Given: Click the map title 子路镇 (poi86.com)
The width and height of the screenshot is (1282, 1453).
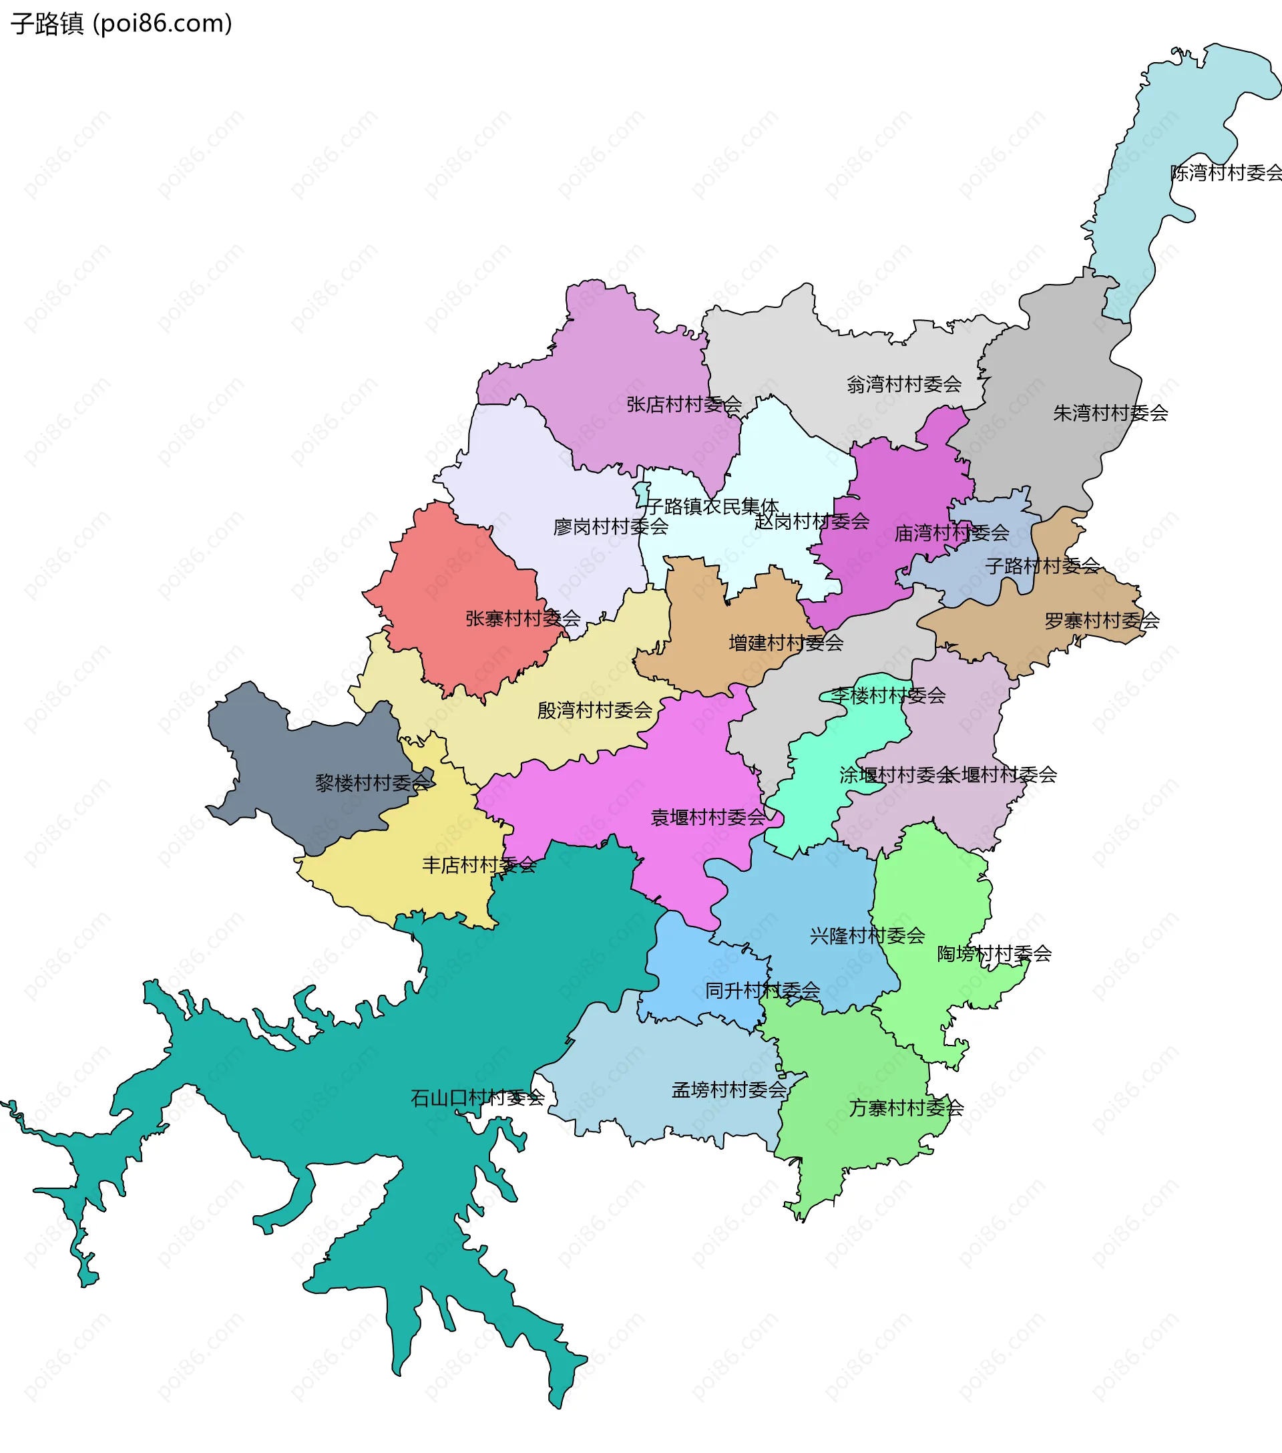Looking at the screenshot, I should point(121,23).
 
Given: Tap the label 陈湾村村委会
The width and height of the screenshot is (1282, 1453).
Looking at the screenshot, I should point(1227,173).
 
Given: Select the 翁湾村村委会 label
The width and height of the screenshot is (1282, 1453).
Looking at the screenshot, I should point(904,385).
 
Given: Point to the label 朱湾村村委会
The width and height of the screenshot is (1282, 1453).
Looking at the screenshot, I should point(1110,413).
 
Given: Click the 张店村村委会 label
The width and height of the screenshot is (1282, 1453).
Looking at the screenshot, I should point(684,404).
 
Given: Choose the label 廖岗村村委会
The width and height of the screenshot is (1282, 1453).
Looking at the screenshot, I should point(610,526).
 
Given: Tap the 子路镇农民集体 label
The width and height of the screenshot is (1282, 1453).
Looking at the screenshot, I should point(712,506).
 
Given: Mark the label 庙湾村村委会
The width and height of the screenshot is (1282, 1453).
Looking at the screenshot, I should point(951,532).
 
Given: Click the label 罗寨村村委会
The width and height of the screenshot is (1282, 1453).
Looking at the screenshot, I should point(1102,621).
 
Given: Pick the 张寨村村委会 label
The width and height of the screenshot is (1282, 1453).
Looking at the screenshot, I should point(523,619).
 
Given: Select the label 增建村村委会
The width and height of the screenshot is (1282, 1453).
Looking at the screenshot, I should point(786,643).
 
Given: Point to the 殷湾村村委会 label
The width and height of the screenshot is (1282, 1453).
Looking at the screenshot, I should point(595,710).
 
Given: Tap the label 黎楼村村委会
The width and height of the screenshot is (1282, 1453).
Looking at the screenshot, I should point(373,783).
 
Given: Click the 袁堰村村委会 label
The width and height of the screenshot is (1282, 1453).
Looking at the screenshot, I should point(708,818).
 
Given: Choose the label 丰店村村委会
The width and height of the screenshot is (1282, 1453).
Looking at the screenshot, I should point(479,865).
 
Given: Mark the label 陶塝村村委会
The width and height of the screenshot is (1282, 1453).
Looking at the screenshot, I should point(994,954).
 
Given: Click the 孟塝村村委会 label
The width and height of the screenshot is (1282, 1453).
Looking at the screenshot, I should point(729,1090).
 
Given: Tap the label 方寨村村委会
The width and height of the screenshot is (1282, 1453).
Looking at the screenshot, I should point(906,1108).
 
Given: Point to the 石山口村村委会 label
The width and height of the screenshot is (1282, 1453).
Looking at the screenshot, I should point(477,1098).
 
